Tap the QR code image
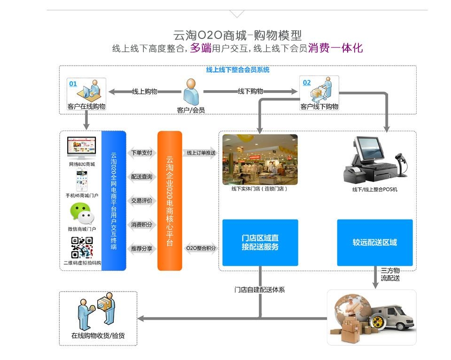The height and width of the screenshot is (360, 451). (82, 247)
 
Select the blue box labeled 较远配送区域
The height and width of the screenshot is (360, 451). (375, 243)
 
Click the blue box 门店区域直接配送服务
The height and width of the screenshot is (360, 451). (260, 243)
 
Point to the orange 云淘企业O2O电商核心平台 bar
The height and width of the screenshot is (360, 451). (169, 201)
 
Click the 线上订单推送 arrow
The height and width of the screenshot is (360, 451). (201, 153)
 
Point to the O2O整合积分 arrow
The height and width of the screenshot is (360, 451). (201, 248)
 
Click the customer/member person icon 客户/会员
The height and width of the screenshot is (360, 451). (191, 92)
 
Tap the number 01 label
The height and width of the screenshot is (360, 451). (73, 84)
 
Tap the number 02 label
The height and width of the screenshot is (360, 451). (306, 83)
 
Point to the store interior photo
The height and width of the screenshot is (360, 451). (260, 160)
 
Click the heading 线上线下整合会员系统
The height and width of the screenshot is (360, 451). (238, 70)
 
